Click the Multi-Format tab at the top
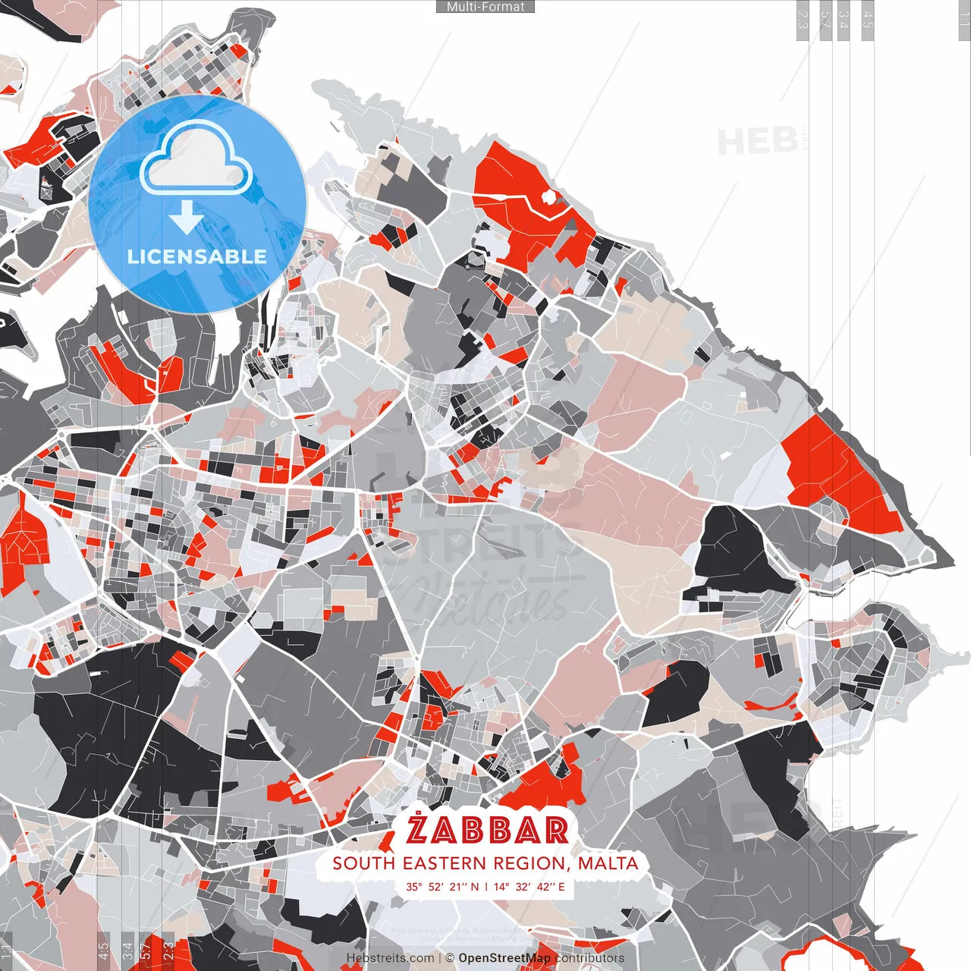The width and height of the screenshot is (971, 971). click(x=485, y=7)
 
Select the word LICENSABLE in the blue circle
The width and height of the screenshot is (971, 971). click(x=197, y=256)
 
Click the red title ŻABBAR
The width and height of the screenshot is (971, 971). click(x=487, y=830)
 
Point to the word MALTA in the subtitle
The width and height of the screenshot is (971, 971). click(x=608, y=863)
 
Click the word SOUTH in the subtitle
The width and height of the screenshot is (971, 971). click(x=365, y=863)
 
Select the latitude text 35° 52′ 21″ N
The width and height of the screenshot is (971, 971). click(x=442, y=886)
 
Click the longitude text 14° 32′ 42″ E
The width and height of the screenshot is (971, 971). click(x=529, y=886)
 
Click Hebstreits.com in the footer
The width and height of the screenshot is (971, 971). click(x=391, y=958)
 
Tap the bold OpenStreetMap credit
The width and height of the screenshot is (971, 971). click(x=504, y=958)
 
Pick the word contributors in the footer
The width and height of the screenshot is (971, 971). click(x=589, y=958)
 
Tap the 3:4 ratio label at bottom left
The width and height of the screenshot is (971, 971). click(x=127, y=951)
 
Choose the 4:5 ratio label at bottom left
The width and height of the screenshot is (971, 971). click(x=103, y=951)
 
